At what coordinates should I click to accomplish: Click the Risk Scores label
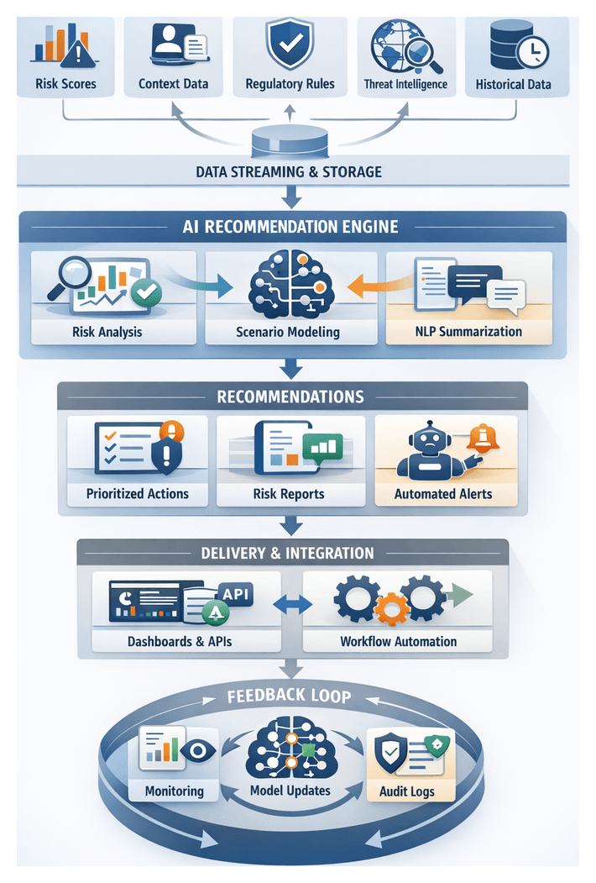(x=65, y=84)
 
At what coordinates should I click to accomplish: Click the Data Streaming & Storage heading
(x=289, y=172)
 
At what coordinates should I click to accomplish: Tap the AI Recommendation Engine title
(x=290, y=227)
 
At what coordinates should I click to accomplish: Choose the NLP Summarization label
(x=468, y=331)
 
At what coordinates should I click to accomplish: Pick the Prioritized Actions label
(x=137, y=494)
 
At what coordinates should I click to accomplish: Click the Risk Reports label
(x=289, y=494)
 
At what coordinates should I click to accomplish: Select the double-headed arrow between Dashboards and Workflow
(x=293, y=604)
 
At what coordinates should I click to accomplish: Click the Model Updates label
(x=290, y=791)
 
